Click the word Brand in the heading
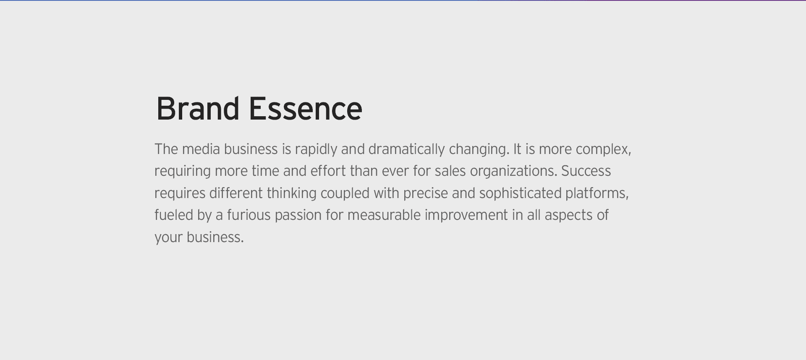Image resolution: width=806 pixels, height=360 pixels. tap(198, 108)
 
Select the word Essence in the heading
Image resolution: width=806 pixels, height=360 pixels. tap(306, 108)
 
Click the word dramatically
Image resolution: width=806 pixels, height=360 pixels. tap(406, 150)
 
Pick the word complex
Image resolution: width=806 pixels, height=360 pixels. tap(603, 150)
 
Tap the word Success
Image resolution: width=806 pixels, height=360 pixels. tap(586, 171)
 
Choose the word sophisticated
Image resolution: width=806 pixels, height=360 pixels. tap(521, 193)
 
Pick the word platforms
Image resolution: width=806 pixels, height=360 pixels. tap(597, 193)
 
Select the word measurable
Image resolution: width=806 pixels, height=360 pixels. tap(384, 215)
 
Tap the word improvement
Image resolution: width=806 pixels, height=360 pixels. tap(466, 216)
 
